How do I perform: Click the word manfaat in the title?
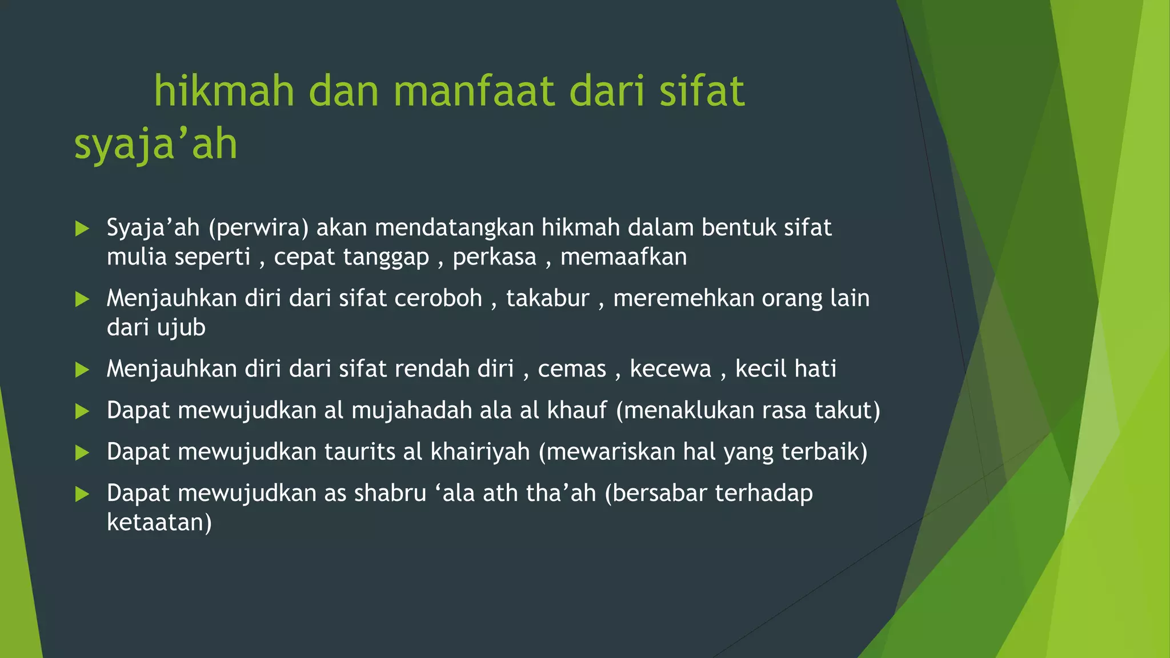pyautogui.click(x=474, y=91)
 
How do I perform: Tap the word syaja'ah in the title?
pyautogui.click(x=155, y=144)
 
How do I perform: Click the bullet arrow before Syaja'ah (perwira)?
pyautogui.click(x=82, y=228)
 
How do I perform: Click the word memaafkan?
pyautogui.click(x=623, y=257)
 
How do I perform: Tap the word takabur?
pyautogui.click(x=547, y=299)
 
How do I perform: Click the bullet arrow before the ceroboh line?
pyautogui.click(x=82, y=299)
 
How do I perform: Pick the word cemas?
pyautogui.click(x=572, y=369)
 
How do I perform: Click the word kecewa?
pyautogui.click(x=670, y=369)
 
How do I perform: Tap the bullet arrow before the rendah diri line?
pyautogui.click(x=82, y=370)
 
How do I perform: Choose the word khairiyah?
pyautogui.click(x=480, y=452)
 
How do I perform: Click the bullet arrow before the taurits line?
pyautogui.click(x=82, y=453)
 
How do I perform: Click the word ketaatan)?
pyautogui.click(x=159, y=523)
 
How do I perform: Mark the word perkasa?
pyautogui.click(x=494, y=257)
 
